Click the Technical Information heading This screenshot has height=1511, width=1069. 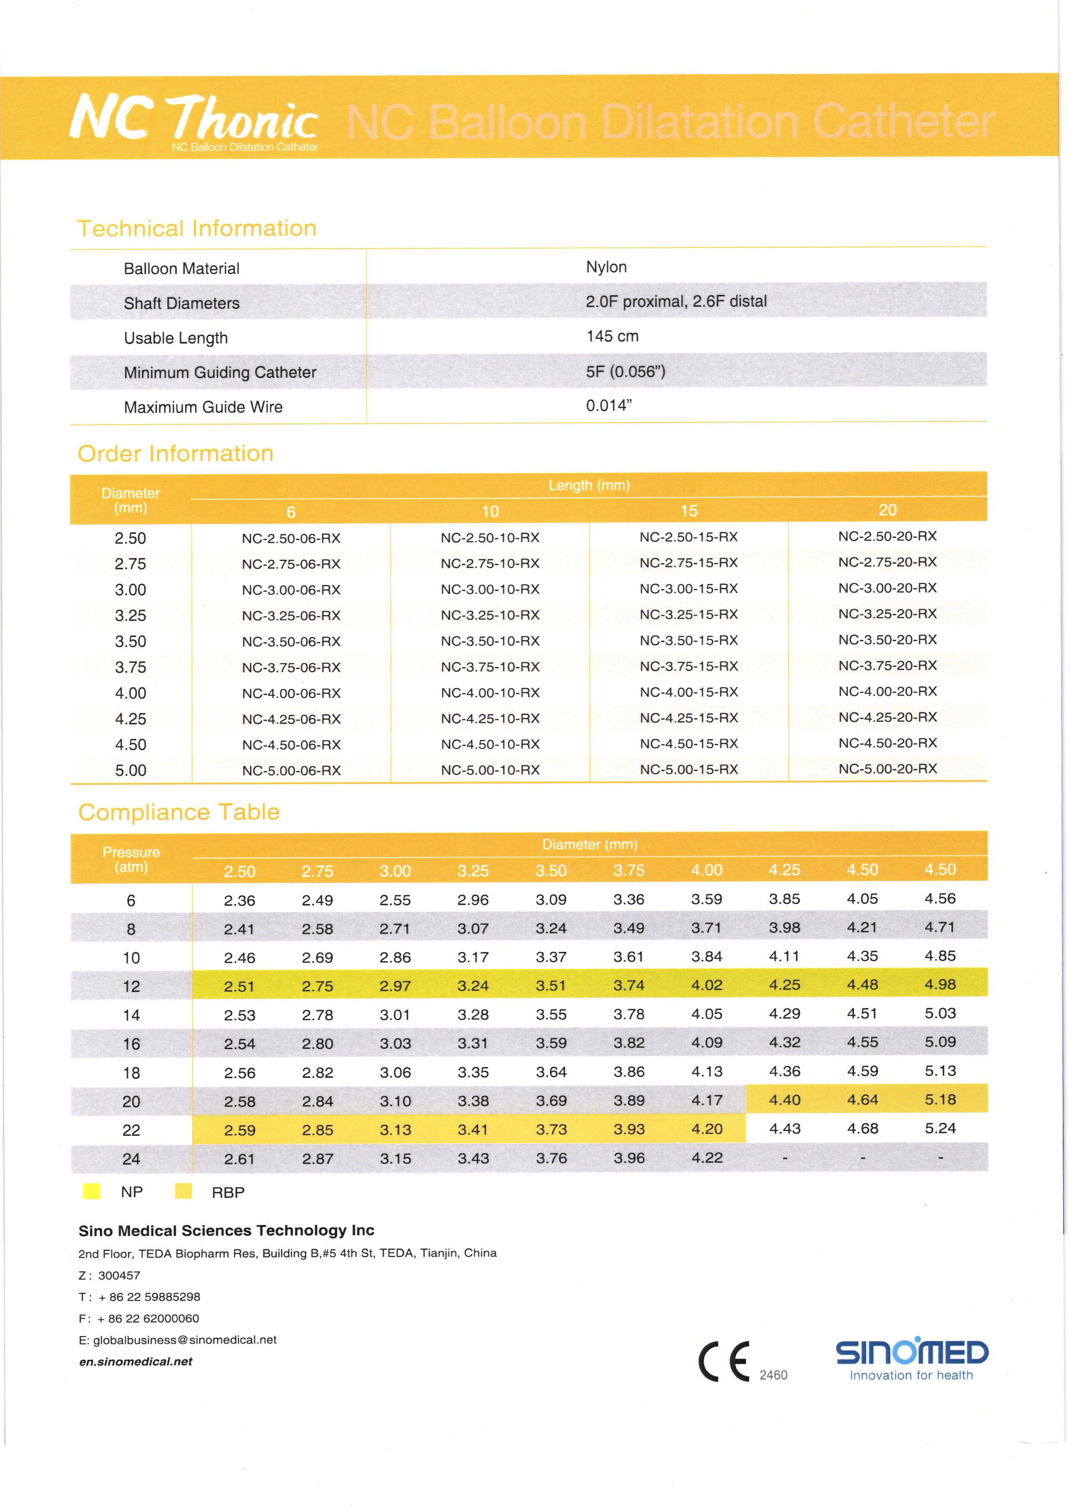coord(197,228)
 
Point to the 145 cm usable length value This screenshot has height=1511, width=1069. coord(612,336)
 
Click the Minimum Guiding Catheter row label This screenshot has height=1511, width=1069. coord(220,373)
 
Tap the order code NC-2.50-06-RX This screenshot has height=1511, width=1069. coord(291,538)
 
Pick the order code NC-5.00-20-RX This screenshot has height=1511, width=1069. coord(887,768)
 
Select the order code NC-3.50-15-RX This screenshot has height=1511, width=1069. coord(688,640)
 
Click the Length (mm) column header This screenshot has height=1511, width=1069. coord(589,486)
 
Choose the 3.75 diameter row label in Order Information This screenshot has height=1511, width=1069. coord(130,667)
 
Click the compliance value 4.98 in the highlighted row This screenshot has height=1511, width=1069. coord(940,984)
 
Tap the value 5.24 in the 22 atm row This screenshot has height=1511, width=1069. coord(940,1128)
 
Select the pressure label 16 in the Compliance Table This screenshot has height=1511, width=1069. coord(131,1043)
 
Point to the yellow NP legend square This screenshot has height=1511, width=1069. coord(91,1191)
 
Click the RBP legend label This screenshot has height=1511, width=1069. coord(228,1192)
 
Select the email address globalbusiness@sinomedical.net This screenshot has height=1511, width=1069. coord(184,1340)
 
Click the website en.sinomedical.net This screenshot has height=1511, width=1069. coord(136,1362)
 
